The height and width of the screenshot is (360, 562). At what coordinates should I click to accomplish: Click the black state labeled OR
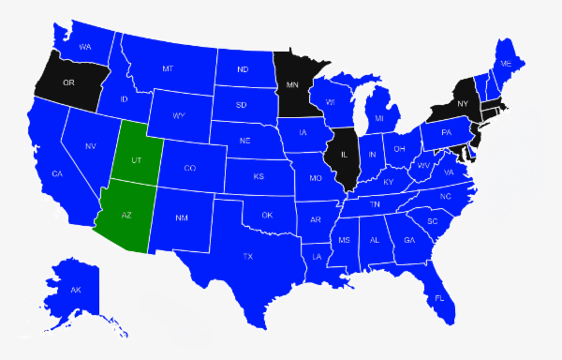pos(68,82)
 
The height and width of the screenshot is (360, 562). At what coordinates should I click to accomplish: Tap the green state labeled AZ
pos(126,214)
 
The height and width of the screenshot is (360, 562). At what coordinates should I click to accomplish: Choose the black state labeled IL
pos(344,155)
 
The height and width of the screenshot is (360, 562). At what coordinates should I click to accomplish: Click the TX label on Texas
pos(248,256)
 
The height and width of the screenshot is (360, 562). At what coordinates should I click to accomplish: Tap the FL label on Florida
pos(438,298)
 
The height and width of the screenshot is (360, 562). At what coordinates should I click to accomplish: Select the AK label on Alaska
pos(76,290)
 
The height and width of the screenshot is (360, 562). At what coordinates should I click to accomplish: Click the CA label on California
pos(56,174)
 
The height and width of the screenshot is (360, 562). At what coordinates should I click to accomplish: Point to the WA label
pos(85,47)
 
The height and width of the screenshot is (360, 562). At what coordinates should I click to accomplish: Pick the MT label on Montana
pos(168,68)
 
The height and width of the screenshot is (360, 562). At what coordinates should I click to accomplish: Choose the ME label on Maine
pos(506,63)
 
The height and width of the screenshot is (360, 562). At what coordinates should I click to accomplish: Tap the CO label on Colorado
pos(189,169)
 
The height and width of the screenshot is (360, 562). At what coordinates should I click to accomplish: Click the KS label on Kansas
pos(259,176)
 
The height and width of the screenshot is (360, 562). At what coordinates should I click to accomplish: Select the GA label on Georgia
pos(409,240)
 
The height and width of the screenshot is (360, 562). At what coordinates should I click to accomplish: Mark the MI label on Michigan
pos(379,119)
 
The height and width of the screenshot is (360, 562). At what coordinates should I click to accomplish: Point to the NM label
pos(182,218)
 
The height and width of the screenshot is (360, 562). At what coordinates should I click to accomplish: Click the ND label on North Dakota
pos(243,69)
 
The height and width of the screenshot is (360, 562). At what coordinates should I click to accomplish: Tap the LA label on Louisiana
pos(317,256)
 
